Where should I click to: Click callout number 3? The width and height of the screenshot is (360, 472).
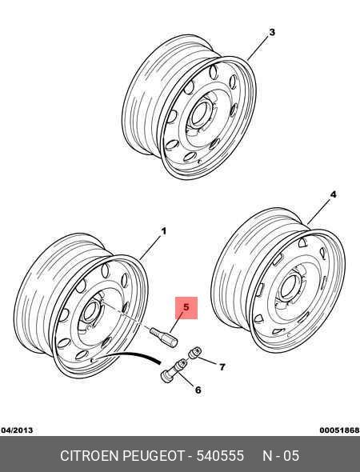click(x=272, y=32)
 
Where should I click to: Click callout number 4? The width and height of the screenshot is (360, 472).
click(x=333, y=194)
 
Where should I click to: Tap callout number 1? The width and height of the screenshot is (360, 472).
click(x=164, y=231)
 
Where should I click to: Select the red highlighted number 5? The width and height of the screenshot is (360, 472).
click(x=186, y=308)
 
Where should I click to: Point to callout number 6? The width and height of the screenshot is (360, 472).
click(x=198, y=390)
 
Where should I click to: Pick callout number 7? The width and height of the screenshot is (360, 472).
click(x=222, y=367)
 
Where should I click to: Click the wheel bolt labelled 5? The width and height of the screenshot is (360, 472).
click(x=164, y=338)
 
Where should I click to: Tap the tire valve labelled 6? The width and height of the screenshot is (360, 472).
click(x=174, y=370)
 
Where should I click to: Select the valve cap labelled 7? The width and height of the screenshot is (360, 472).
click(x=195, y=353)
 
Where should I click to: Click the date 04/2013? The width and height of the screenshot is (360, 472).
click(x=17, y=430)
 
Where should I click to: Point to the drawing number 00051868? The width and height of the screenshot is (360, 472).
click(x=339, y=430)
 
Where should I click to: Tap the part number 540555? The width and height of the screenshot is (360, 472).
click(x=220, y=456)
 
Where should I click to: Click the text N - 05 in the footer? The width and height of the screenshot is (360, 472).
click(x=281, y=456)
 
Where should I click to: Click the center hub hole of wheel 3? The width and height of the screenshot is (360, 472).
click(x=198, y=114)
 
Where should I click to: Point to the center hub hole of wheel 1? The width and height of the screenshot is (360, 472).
click(x=90, y=312)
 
